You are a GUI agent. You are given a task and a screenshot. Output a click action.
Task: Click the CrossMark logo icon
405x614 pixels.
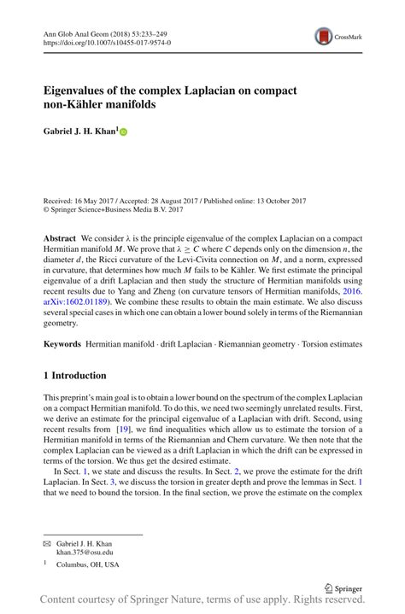(x=323, y=35)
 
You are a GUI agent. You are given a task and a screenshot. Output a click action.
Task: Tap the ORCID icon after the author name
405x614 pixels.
(x=123, y=133)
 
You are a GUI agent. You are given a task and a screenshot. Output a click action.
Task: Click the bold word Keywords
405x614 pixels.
(x=62, y=343)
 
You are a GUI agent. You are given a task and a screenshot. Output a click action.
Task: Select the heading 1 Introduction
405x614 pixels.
(x=75, y=376)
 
